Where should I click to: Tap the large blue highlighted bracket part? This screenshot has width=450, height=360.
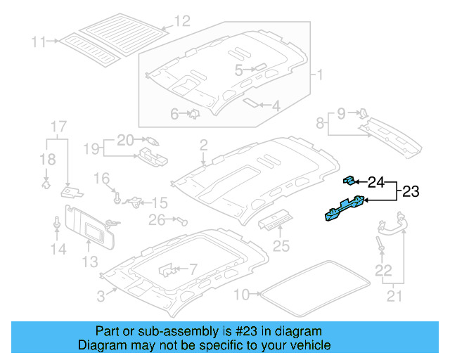pyautogui.click(x=343, y=210)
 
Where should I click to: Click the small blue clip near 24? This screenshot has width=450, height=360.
pyautogui.click(x=349, y=181)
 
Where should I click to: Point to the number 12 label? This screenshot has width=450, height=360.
pyautogui.click(x=181, y=21)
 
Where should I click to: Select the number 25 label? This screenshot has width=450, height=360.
pyautogui.click(x=281, y=246)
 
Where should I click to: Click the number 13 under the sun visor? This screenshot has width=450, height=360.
pyautogui.click(x=88, y=262)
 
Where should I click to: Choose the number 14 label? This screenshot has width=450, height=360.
pyautogui.click(x=58, y=249)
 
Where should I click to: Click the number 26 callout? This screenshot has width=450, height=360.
pyautogui.click(x=156, y=220)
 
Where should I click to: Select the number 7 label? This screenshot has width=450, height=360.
pyautogui.click(x=193, y=269)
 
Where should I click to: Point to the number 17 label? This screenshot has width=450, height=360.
pyautogui.click(x=58, y=127)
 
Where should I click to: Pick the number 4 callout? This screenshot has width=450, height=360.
pyautogui.click(x=276, y=107)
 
